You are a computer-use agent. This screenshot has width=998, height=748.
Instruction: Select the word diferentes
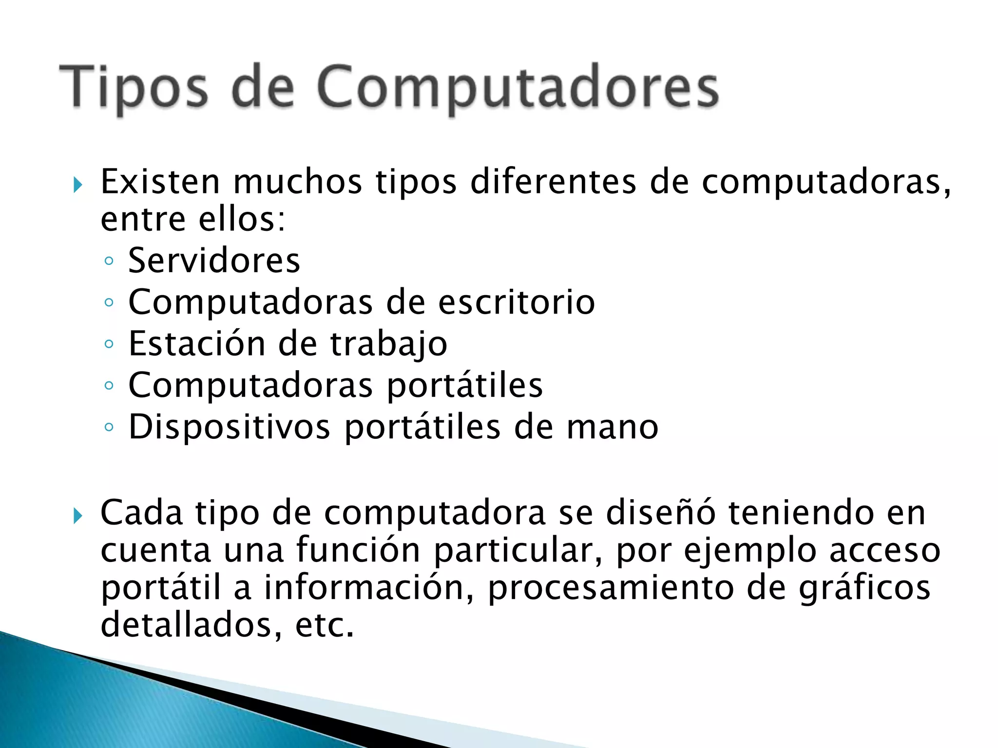pyautogui.click(x=553, y=182)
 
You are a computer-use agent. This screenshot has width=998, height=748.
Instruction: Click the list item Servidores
pyautogui.click(x=214, y=261)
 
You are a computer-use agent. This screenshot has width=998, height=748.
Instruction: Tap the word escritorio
pyautogui.click(x=516, y=302)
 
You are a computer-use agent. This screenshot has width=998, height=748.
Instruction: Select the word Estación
pyautogui.click(x=196, y=344)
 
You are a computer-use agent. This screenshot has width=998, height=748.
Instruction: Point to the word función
pyautogui.click(x=358, y=550)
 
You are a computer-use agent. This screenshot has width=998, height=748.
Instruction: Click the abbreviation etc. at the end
pyautogui.click(x=324, y=625)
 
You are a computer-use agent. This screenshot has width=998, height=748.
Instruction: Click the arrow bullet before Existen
pyautogui.click(x=77, y=185)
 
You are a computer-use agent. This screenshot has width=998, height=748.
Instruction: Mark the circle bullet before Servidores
pyautogui.click(x=109, y=262)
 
